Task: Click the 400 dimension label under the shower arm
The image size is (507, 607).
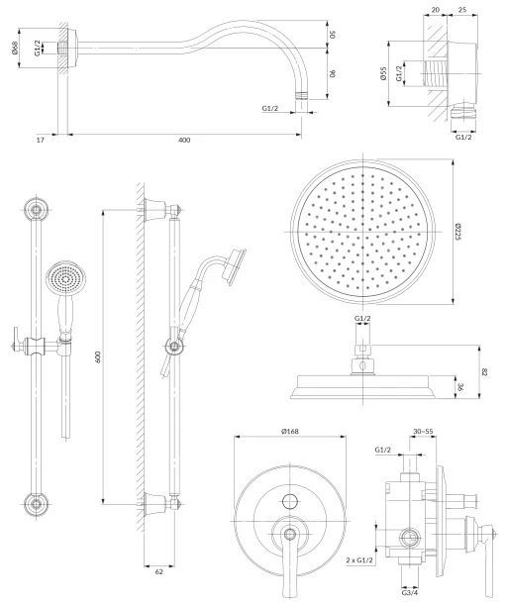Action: [184, 140]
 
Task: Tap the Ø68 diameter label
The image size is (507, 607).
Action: [15, 48]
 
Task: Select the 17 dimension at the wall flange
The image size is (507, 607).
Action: [41, 140]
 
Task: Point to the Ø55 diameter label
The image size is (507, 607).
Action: [383, 73]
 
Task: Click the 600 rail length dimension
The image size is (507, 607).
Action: [97, 356]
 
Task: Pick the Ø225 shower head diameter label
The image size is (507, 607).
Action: [458, 232]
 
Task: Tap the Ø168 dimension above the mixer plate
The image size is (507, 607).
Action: [290, 432]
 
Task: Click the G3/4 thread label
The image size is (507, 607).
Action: [410, 593]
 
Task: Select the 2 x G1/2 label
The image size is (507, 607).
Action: [359, 560]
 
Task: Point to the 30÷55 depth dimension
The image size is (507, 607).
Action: [423, 432]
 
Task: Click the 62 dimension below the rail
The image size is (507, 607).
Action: [159, 571]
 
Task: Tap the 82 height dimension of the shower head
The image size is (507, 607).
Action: [484, 372]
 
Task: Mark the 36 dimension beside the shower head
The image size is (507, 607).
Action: [460, 386]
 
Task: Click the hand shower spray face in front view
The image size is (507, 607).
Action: [64, 279]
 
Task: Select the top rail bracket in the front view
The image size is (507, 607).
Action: [37, 210]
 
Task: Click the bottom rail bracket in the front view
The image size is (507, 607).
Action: [37, 504]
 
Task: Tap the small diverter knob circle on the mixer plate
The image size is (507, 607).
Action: [290, 501]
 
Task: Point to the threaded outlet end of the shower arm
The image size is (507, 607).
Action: [302, 96]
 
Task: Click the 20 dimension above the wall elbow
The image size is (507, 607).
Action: [436, 10]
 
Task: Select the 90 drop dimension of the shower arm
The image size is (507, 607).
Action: [332, 73]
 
